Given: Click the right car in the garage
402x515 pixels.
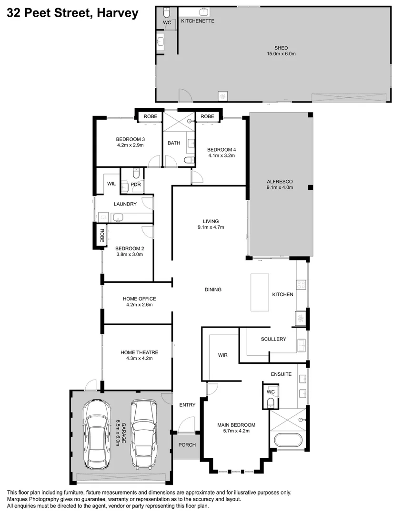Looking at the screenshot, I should pos(143,434).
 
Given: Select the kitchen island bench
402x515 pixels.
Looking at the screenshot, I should pos(260,293).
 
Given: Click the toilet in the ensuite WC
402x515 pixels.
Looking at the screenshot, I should pos(271,403).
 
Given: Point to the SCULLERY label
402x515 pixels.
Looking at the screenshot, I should pos(273,339).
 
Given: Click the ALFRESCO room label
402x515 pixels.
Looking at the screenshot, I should pos(280,181).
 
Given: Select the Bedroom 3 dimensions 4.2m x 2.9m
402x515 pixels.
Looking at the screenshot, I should pos(130,145).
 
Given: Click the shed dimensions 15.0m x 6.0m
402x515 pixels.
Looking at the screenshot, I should pos(281,54).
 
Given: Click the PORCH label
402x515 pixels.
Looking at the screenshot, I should pos(187,445).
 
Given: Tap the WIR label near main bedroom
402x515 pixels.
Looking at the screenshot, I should pos(223,355).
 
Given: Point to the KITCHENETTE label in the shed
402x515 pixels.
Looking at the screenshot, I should pos(197,21).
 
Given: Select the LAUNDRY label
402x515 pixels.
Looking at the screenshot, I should pos(125,204).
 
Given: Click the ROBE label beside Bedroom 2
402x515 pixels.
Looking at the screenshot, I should pos(101,236).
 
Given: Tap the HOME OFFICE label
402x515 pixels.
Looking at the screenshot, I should pos(139,299).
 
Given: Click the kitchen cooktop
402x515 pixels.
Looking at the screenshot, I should pos(301,285).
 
